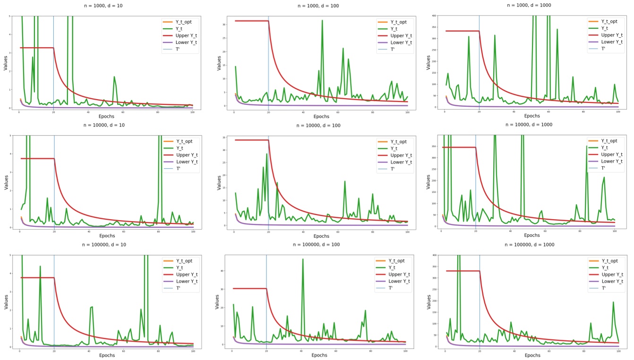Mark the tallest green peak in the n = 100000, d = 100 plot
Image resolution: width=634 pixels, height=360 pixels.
[x=303, y=259]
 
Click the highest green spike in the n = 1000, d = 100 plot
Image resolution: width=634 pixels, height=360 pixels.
[x=322, y=20]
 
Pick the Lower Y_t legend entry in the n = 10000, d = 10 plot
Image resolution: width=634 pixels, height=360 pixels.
[x=184, y=162]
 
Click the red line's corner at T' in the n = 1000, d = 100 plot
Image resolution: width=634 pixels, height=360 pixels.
[x=268, y=21]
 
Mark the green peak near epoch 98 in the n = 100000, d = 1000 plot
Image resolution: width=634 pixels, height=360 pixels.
[x=613, y=302]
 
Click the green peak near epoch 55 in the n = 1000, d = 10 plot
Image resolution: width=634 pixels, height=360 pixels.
[x=114, y=77]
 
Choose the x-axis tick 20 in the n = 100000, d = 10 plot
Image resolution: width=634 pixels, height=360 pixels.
[x=54, y=351]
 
